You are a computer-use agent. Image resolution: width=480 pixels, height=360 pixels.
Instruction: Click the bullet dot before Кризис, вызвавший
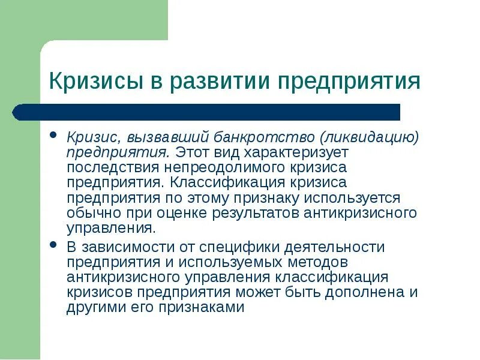53,135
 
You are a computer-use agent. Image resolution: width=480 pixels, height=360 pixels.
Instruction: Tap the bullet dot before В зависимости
53,245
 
